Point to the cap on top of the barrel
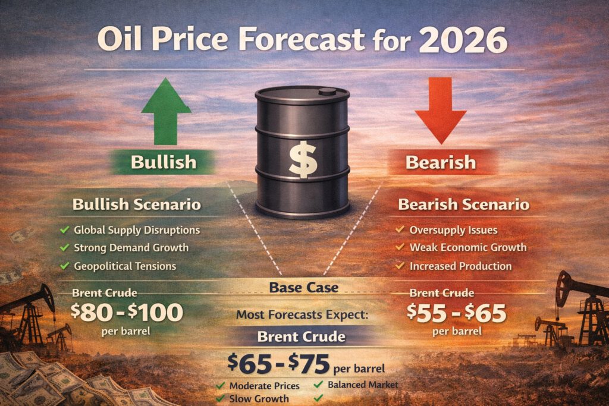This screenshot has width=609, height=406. point(327,92)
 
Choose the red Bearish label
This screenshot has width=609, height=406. point(440,161)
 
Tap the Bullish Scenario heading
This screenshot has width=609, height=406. point(136,205)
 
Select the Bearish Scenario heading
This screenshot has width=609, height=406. point(463,205)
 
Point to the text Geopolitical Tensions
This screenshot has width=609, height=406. point(125,266)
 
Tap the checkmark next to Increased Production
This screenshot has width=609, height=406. point(400,266)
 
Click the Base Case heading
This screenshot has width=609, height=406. point(303,288)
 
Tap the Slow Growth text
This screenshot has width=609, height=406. point(259,398)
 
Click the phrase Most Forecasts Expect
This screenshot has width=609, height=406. point(303,314)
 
